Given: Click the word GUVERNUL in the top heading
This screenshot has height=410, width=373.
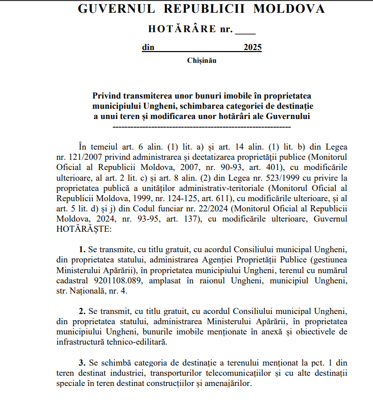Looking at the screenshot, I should [x=108, y=9].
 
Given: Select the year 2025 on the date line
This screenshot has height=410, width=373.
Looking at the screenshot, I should [x=253, y=48].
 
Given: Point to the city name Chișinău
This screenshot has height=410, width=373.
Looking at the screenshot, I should [x=202, y=61].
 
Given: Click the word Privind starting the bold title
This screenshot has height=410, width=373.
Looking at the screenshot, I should [x=108, y=95].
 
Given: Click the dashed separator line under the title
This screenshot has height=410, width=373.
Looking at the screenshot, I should [x=201, y=126].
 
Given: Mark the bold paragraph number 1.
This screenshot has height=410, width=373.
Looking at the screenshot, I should [x=82, y=249].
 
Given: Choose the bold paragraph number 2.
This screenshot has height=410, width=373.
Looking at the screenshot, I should [x=82, y=311].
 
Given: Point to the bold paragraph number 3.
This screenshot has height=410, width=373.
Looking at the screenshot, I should [x=82, y=363].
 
